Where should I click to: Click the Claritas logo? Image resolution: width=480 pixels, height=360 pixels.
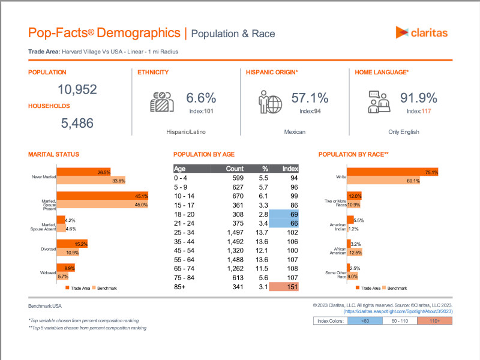click(421, 32)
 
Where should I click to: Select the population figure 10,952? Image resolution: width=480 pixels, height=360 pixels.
click(77, 90)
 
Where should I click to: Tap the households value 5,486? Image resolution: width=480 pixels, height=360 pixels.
click(77, 124)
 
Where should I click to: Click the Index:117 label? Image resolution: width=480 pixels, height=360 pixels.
click(419, 111)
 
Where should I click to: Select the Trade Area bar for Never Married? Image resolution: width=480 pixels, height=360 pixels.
click(84, 173)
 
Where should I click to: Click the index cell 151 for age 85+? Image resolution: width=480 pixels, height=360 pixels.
click(284, 287)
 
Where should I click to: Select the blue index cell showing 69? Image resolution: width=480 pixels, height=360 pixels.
click(284, 214)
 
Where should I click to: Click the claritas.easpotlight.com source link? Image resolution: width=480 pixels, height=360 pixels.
click(398, 312)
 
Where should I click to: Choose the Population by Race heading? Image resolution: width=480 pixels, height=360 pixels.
click(353, 154)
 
